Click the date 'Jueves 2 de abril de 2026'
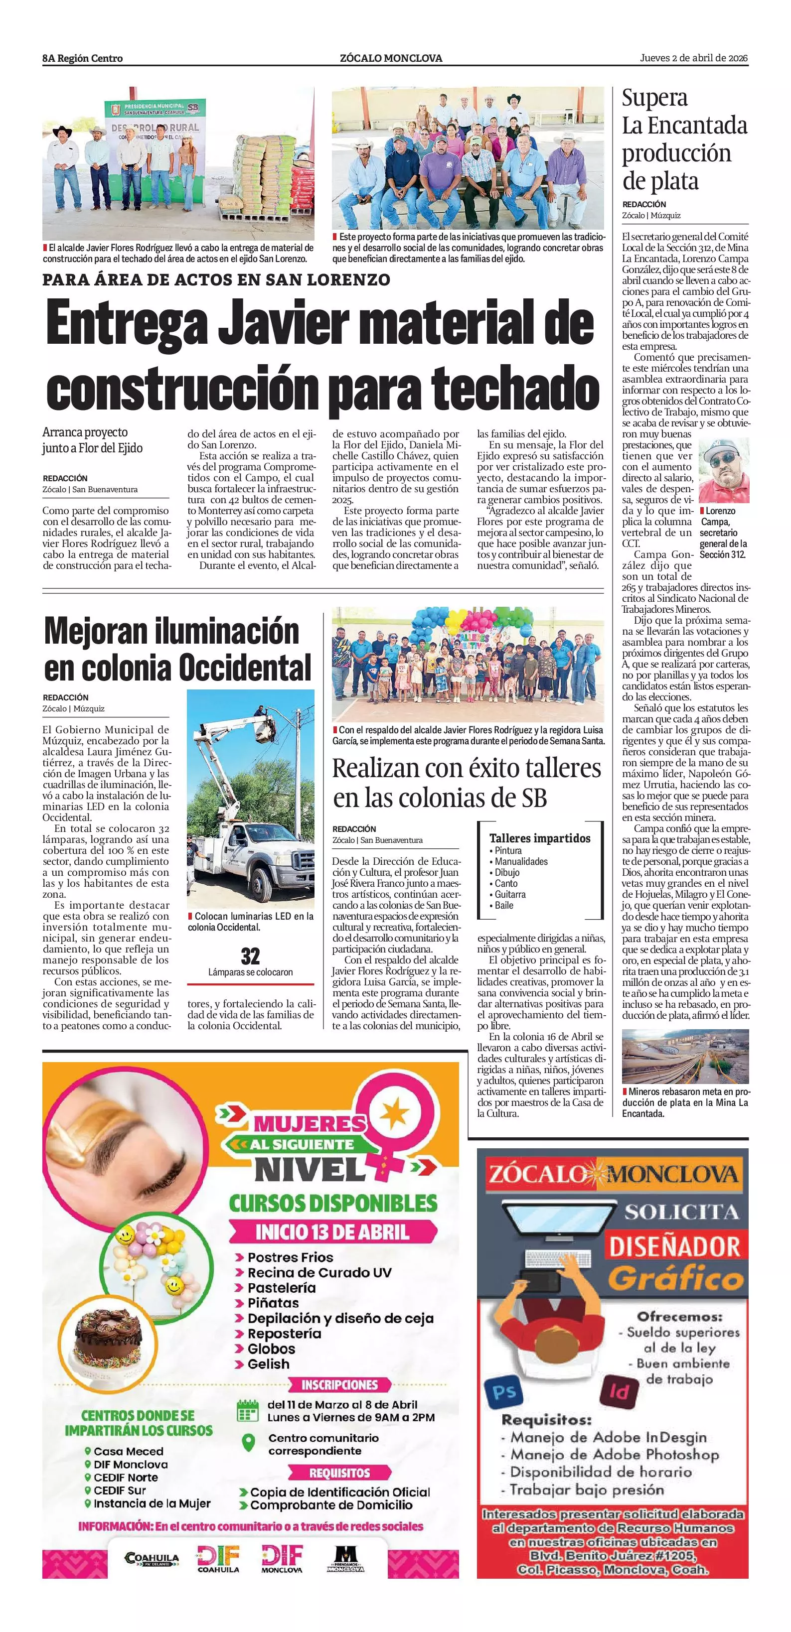tap(693, 58)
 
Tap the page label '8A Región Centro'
tap(82, 58)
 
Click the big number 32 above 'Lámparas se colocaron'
tap(250, 955)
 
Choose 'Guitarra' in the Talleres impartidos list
tap(510, 894)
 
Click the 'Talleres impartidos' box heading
tap(539, 838)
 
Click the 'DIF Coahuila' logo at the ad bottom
tap(218, 1558)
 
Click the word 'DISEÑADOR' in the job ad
tap(674, 1247)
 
